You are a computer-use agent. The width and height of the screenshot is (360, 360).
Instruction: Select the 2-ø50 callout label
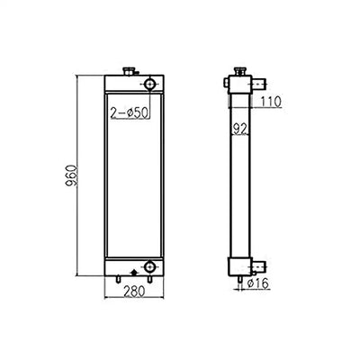(x=129, y=112)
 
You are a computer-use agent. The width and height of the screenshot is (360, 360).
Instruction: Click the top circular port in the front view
(x=148, y=85)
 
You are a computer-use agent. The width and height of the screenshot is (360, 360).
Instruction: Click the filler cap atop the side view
(x=238, y=70)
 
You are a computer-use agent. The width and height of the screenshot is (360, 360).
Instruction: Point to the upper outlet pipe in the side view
(x=258, y=85)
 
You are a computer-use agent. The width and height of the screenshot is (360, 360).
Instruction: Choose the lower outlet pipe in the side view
(x=258, y=266)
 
